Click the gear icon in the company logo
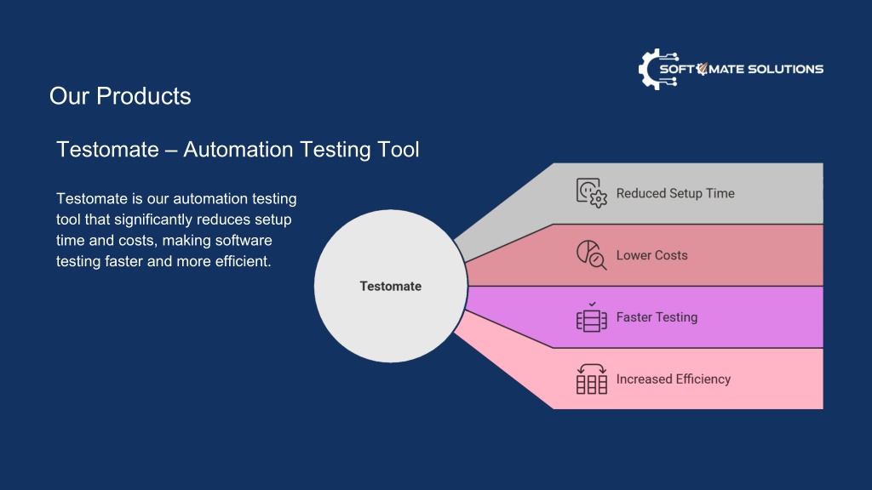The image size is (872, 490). (x=651, y=70)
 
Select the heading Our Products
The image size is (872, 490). (x=120, y=96)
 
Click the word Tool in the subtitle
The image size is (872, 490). (x=399, y=150)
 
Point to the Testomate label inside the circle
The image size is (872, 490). (x=390, y=286)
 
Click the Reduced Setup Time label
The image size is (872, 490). (x=675, y=193)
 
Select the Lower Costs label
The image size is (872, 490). (x=651, y=255)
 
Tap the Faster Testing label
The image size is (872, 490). (x=657, y=317)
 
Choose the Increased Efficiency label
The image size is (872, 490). (x=674, y=379)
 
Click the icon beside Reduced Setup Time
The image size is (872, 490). (x=591, y=193)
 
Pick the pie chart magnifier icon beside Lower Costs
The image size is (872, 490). (x=591, y=255)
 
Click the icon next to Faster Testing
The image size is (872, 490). (x=591, y=317)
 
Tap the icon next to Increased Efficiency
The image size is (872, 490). (x=591, y=379)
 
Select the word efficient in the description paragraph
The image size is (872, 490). (x=243, y=261)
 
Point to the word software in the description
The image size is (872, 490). (x=244, y=241)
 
